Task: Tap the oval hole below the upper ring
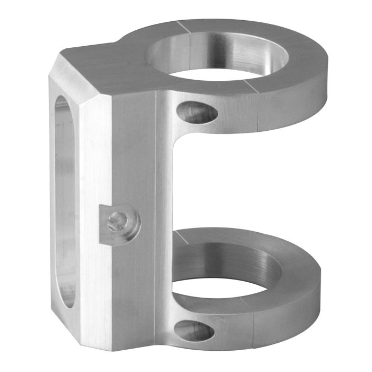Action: pyautogui.click(x=197, y=113)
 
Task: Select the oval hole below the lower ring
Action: pyautogui.click(x=195, y=331)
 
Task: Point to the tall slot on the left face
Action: pyautogui.click(x=65, y=202)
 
